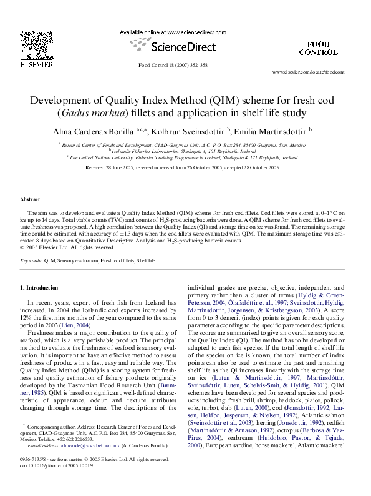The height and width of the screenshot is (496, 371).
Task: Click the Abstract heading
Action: [30, 199]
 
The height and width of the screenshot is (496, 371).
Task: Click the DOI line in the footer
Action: [47, 465]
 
